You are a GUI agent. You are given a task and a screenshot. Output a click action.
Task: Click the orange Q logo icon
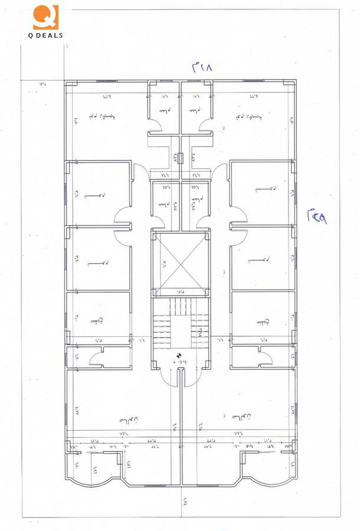45,17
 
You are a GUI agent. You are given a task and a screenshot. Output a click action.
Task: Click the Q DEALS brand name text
46,35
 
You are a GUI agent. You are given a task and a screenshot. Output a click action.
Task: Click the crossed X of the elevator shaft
180,264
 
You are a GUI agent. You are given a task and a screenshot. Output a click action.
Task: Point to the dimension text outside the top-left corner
42,84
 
